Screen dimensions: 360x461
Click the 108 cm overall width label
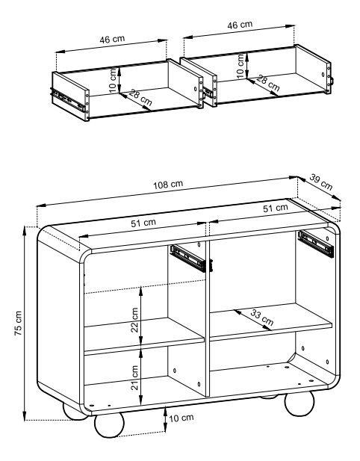168,185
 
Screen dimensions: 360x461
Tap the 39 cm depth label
321,182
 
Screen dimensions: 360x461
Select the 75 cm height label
18,323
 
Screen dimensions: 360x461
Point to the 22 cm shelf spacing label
134,320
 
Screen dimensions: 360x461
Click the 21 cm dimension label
134,378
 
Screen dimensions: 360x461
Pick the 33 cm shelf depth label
261,318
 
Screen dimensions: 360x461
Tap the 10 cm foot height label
181,418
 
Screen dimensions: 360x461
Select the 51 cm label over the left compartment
143,223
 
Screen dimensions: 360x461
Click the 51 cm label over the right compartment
276,208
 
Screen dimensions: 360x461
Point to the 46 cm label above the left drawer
112,40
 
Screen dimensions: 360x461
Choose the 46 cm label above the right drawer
240,25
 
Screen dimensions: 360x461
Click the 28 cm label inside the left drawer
140,97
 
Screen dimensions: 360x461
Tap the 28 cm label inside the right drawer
267,83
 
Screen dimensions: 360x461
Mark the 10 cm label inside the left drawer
113,80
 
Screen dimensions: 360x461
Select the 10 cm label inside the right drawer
240,66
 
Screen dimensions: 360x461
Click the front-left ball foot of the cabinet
109,425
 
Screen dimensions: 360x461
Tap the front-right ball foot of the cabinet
300,403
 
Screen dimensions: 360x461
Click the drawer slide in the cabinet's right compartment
316,244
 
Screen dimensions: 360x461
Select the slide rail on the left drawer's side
68,100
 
